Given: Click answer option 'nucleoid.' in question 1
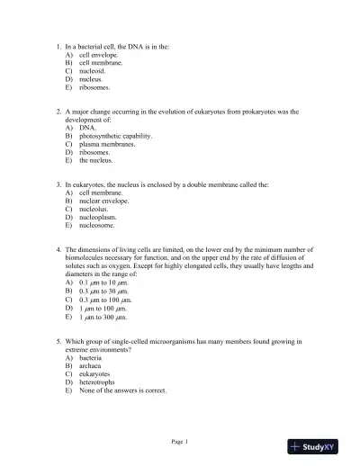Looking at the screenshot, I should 95,72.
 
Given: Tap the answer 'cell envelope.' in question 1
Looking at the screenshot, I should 100,55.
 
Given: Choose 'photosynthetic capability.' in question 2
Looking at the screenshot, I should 115,136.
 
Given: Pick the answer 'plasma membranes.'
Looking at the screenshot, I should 107,144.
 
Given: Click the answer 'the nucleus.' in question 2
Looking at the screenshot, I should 96,161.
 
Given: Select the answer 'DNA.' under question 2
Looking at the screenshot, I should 87,128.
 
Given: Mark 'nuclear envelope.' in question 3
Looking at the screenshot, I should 103,201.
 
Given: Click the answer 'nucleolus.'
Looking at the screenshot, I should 95,209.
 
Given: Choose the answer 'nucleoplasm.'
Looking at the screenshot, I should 99,218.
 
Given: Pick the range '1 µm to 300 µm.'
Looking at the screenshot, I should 104,318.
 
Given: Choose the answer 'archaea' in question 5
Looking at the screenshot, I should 92,365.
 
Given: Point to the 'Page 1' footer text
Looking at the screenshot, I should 180,441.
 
